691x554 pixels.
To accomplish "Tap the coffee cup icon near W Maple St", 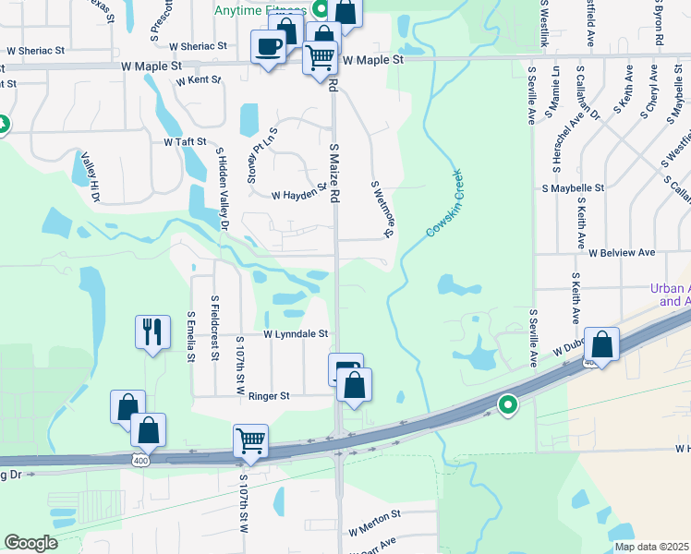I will pos(269,46).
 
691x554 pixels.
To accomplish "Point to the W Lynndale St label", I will pos(296,334).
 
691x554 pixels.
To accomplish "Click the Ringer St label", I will pos(269,396).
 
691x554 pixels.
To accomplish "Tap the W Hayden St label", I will pos(299,195).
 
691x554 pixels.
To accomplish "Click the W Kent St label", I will pos(199,80).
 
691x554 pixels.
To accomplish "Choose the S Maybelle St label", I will pos(573,187).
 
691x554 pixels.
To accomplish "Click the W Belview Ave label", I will pos(621,252).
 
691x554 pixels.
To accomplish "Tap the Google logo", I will pos(30,543).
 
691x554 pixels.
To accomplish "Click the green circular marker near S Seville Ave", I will pos(507,403).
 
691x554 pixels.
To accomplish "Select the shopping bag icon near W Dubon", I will pos(601,345).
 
